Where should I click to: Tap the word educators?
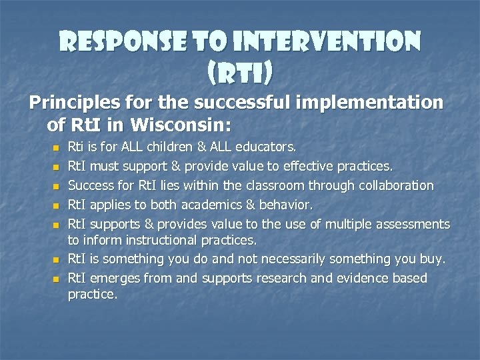[x=266, y=146]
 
